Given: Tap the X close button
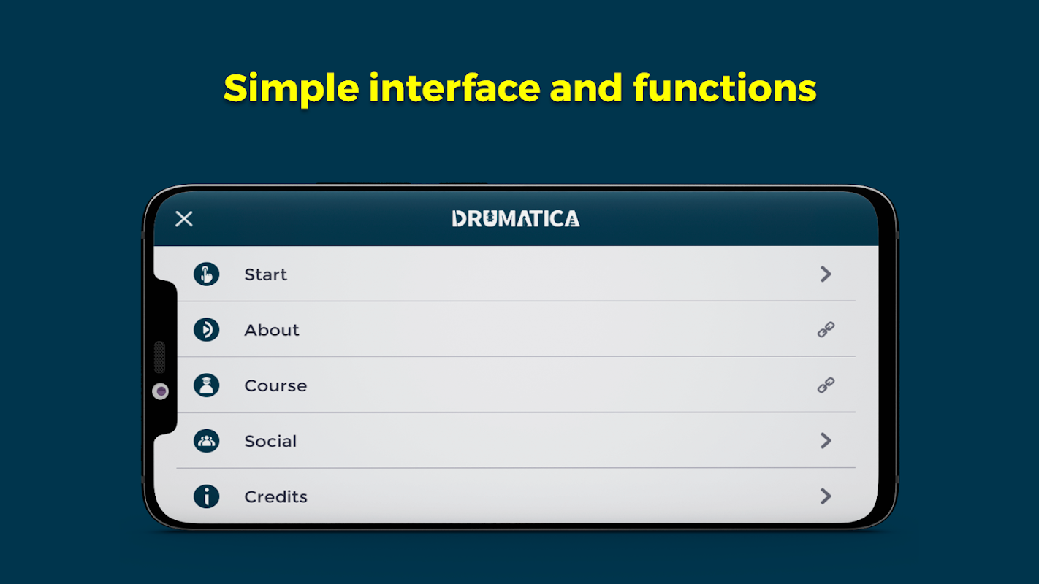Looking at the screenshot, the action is coord(184,219).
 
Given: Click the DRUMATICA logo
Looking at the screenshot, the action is coord(516,219).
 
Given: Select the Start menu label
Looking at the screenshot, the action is coord(265,274).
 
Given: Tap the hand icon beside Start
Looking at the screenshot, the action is coord(206,274).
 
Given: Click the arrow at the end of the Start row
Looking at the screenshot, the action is coord(826,274).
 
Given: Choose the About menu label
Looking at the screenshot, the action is coord(272,330).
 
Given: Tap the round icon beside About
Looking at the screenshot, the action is coord(206,329).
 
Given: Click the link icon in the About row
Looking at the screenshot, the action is coord(826,329).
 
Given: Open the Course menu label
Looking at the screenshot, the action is coord(275,385).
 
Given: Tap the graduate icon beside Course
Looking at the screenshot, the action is coord(206,385).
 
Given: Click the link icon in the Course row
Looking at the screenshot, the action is coord(826,385).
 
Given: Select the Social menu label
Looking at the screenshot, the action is coord(270,441).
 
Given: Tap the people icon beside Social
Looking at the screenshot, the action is coord(206,441).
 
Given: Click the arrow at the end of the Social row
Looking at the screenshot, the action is coord(826,441).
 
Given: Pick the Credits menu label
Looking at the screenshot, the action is coord(276,497).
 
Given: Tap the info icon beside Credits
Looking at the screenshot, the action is coord(206,496).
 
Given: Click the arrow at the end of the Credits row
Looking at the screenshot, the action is coord(826,496).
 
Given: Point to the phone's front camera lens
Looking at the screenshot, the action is coord(161,391).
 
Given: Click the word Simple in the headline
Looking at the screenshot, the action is coord(292,89).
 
